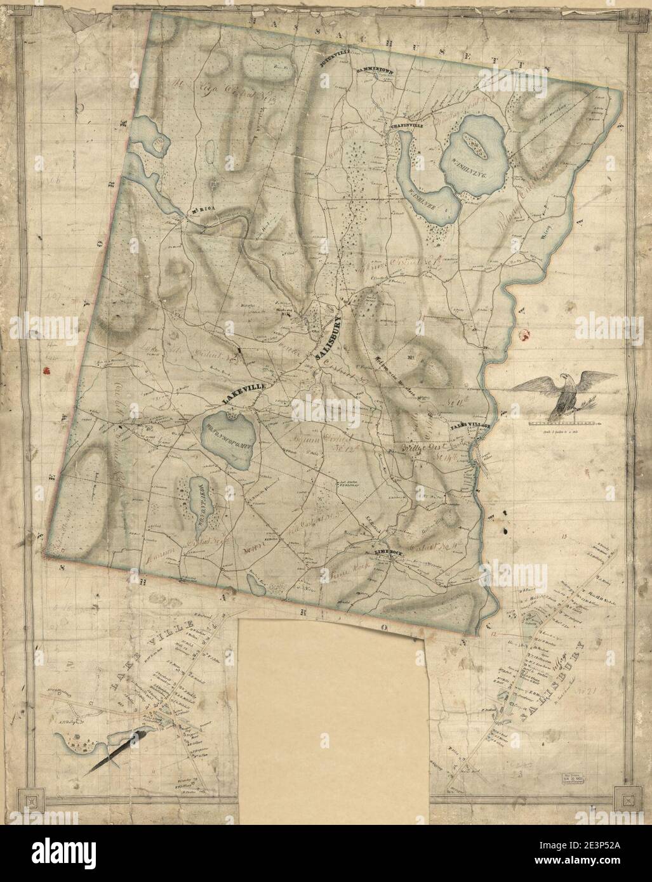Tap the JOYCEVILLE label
pos(330,62)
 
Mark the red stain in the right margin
pos(524,333)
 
